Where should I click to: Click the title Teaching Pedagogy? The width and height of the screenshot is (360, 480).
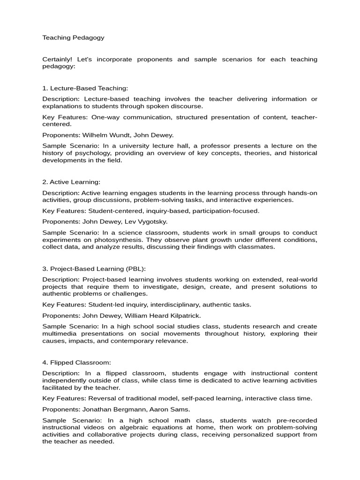pyautogui.click(x=73, y=37)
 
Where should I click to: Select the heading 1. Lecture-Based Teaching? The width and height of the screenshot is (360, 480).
pyautogui.click(x=85, y=88)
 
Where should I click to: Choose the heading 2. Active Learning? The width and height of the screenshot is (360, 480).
pyautogui.click(x=71, y=182)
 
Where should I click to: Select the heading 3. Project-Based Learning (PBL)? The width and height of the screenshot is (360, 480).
pyautogui.click(x=94, y=269)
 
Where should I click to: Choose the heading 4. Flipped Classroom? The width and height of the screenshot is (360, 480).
pyautogui.click(x=76, y=362)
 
